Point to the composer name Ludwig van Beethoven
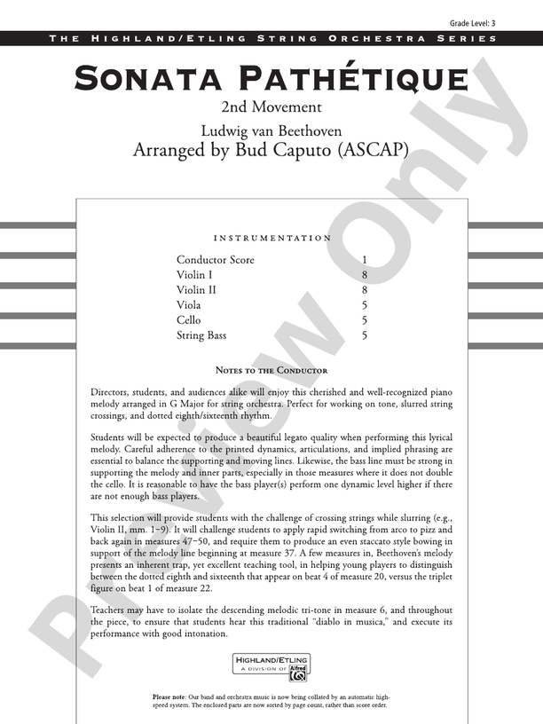(271, 131)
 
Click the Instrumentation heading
(272, 238)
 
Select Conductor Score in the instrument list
(215, 260)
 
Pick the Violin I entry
(196, 275)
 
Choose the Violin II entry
(198, 290)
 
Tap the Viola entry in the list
(189, 305)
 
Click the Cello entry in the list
(189, 320)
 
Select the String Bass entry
(201, 335)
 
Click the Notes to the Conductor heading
(271, 370)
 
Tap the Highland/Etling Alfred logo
(271, 666)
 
